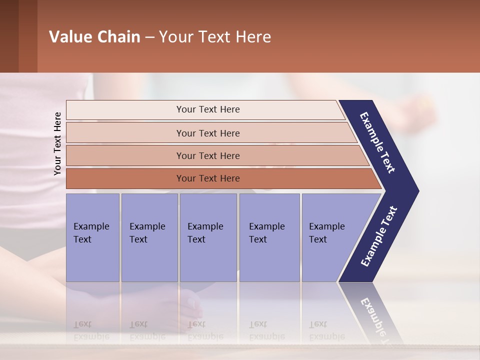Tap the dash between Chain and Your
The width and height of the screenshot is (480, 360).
coord(149,37)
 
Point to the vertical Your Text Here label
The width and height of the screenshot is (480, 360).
coord(57,143)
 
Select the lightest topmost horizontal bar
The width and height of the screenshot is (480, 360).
coord(207,109)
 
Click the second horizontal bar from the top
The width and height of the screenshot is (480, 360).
coord(207,133)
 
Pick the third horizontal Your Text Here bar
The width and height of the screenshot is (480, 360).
coord(207,155)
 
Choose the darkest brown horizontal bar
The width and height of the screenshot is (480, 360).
coord(207,178)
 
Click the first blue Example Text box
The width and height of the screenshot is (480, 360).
coord(92,237)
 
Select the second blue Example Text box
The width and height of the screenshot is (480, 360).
coord(149,237)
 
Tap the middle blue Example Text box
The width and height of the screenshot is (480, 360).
coord(208,237)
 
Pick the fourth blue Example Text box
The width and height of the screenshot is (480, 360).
coord(269,237)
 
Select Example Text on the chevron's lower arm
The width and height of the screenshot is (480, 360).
coord(378,236)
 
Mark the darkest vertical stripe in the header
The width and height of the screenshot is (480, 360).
coord(9,36)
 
